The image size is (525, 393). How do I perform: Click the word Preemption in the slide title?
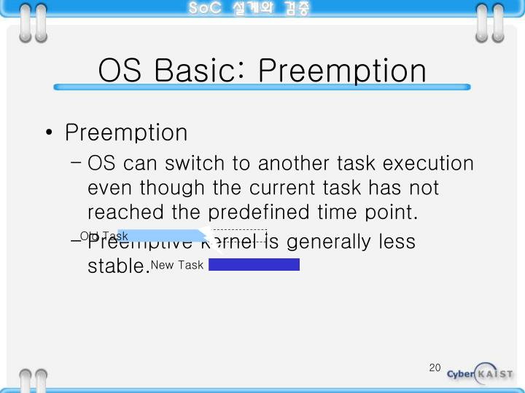342,71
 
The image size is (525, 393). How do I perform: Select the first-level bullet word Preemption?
126,132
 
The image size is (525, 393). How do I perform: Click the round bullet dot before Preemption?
48,133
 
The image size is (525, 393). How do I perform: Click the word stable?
117,265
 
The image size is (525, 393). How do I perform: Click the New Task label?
177,265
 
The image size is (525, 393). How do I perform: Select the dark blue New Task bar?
254,264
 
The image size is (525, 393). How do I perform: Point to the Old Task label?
104,236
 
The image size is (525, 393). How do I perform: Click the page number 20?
435,368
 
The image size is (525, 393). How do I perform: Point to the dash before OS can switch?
77,162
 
